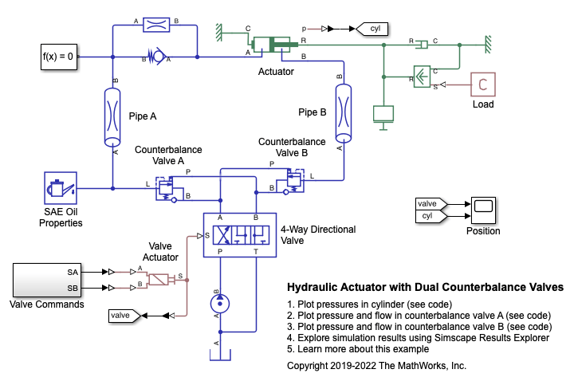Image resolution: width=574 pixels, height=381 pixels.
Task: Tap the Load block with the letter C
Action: click(482, 84)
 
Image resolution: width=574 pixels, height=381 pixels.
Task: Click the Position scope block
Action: click(483, 210)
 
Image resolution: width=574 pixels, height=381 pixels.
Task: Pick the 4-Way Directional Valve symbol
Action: click(240, 234)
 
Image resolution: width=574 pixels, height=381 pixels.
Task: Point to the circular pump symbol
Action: click(218, 303)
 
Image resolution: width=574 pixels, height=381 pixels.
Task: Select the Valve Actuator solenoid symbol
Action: click(162, 279)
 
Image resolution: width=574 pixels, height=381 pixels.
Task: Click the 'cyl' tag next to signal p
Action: click(369, 29)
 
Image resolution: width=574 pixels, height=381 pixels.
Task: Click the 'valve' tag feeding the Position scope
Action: click(430, 204)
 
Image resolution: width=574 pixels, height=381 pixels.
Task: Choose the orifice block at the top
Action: click(153, 25)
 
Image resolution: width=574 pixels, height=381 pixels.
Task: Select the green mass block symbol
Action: click(384, 114)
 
